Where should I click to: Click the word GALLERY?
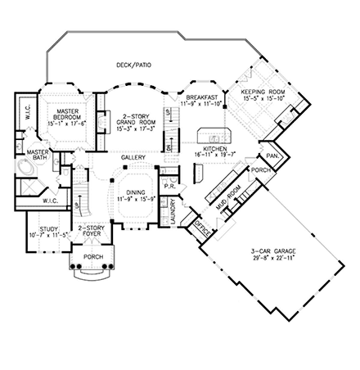pos(133,157)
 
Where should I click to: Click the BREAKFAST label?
pos(200,96)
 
